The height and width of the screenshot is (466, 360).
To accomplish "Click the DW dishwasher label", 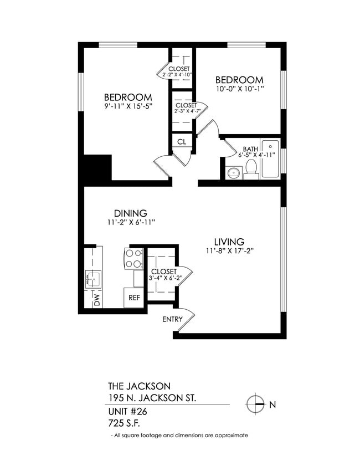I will (96, 300).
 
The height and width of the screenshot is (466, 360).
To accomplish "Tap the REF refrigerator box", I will (134, 298).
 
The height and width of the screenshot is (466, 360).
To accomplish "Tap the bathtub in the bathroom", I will (270, 158).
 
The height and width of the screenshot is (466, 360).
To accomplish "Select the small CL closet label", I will (181, 142).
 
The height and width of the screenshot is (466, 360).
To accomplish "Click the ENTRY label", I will (172, 320).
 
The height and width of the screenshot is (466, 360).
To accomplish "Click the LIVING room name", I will (229, 242).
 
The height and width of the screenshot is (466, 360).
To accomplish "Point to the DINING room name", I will (130, 213).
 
